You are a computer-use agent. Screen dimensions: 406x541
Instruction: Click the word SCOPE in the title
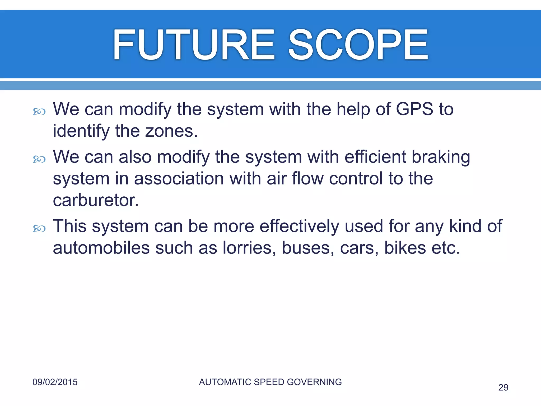click(358, 45)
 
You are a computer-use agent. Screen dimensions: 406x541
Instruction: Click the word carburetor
click(96, 200)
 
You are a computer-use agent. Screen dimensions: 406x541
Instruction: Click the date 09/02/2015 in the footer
click(55, 382)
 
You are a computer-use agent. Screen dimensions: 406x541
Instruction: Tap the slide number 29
click(503, 387)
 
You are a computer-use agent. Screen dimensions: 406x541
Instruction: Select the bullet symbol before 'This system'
click(39, 228)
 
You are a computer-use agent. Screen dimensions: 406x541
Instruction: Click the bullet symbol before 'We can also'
click(39, 159)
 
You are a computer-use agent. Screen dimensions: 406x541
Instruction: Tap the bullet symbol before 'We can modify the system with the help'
click(39, 112)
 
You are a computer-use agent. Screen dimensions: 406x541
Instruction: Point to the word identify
click(81, 131)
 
